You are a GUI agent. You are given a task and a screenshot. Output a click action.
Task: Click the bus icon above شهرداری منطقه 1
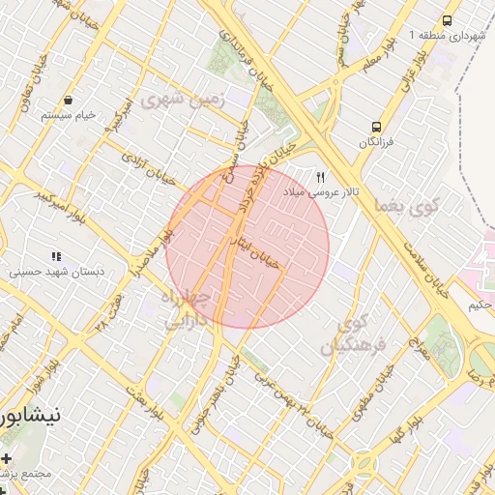coord(447,20)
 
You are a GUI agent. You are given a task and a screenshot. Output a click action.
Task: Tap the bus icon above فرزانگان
coord(377,127)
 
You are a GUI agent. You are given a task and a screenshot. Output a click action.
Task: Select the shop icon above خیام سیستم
coord(68,100)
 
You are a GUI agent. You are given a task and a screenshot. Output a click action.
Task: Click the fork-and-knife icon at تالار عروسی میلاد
coord(320,178)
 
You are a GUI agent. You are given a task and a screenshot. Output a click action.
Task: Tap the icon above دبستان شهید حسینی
coord(56,256)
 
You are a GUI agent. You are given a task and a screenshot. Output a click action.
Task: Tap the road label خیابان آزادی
coord(144,165)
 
